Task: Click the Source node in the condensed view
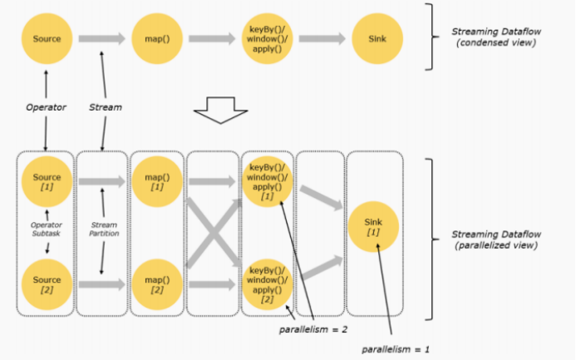[47, 38]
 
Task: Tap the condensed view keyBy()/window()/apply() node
[267, 38]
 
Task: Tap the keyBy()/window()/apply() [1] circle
[267, 182]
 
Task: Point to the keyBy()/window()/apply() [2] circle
[267, 284]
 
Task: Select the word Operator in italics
[46, 107]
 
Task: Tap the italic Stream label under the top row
[105, 107]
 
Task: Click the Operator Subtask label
[47, 228]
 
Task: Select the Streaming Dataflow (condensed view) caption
[486, 37]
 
